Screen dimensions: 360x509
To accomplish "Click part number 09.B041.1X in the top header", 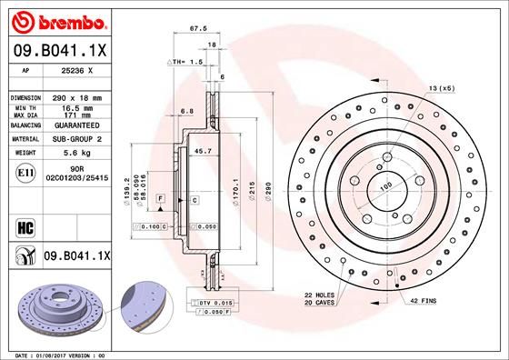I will [59, 52].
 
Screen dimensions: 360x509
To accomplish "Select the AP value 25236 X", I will [77, 71].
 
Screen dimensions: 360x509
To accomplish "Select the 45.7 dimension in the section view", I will [204, 150].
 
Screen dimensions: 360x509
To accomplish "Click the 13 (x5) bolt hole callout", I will [441, 88].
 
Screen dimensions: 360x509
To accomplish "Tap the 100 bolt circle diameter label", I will [385, 185].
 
